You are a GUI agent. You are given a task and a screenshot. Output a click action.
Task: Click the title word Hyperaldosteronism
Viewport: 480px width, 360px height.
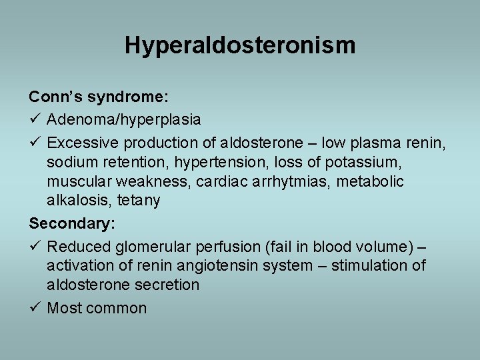[240, 45]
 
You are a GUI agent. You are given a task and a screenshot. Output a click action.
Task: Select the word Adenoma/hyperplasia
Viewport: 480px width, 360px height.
[124, 119]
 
